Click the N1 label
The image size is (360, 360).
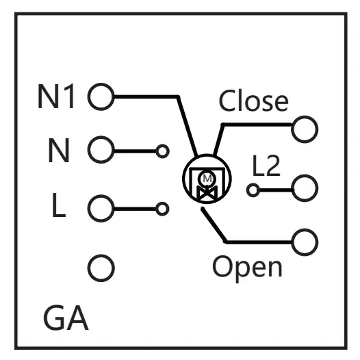tap(56, 97)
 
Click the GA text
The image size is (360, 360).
tap(66, 318)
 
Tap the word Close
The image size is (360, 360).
tap(254, 101)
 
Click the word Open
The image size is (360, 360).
tap(247, 268)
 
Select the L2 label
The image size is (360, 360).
tap(266, 166)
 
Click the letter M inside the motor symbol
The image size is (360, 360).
tap(207, 179)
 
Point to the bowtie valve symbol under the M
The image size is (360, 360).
tap(207, 193)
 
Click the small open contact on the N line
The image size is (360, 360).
tap(163, 151)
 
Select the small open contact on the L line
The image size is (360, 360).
tap(162, 209)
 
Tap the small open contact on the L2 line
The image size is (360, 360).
tap(253, 190)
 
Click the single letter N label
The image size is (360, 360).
tap(59, 151)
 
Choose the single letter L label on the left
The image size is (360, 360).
tap(59, 205)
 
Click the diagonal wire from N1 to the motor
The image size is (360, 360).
tap(187, 127)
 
